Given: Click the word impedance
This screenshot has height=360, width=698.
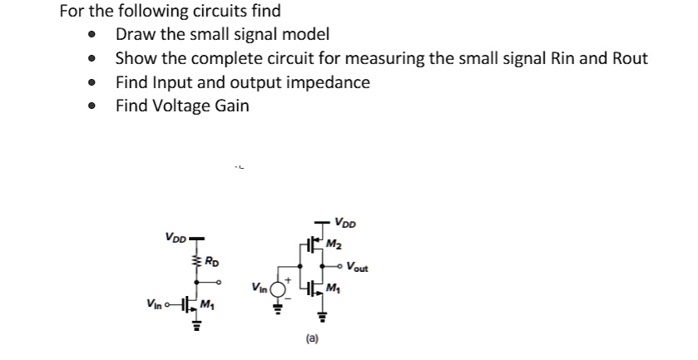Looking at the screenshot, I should (x=326, y=82).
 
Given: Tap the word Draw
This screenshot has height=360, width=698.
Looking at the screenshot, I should (x=135, y=35).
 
